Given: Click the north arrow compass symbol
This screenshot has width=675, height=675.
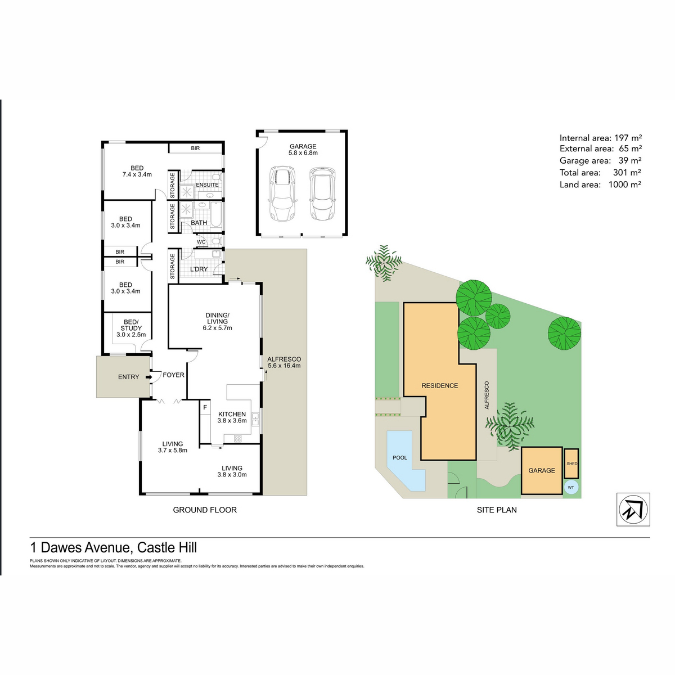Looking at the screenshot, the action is point(633,509).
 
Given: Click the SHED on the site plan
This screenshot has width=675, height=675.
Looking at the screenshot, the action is point(571,463).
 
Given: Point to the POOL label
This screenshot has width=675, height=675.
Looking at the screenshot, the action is point(400,458).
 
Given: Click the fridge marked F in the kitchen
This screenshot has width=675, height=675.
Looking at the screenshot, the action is point(205,407).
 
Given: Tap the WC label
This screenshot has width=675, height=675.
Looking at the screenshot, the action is point(201,242).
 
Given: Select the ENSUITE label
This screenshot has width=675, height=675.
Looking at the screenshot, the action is point(207,184).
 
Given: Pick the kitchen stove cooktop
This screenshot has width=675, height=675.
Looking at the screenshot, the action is point(238,438).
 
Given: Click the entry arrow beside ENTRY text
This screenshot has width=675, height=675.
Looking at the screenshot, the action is point(148,377).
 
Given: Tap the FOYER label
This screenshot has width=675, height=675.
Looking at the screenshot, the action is point(173,375).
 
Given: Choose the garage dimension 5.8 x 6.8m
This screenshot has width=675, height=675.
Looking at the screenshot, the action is point(303,153).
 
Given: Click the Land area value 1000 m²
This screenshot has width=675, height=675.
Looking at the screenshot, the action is point(624,184).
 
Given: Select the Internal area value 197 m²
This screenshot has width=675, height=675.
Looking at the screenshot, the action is point(628,138).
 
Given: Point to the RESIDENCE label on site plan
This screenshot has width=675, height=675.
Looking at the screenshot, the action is point(440,385).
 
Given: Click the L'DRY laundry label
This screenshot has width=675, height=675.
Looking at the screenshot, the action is point(199,269).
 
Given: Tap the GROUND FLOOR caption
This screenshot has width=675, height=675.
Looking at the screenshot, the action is point(205,510).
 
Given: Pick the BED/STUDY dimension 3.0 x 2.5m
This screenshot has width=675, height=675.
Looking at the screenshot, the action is point(131,335).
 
